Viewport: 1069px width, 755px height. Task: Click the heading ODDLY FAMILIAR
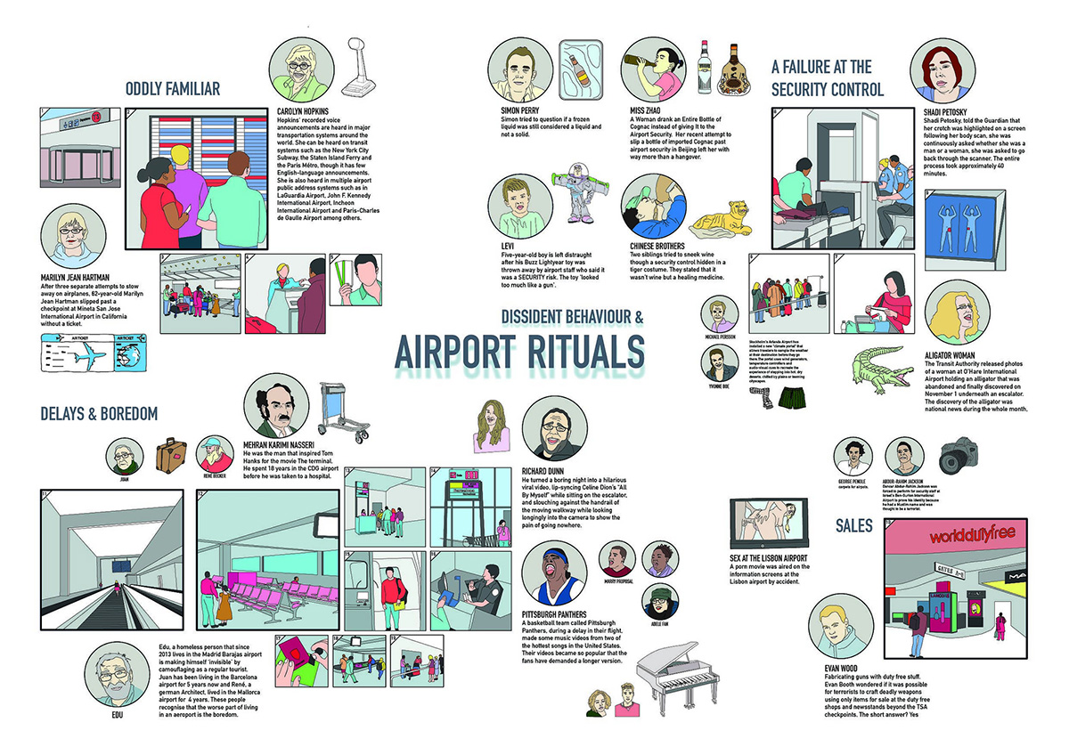pyautogui.click(x=173, y=88)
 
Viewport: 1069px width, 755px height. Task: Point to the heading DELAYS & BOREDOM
pyautogui.click(x=99, y=414)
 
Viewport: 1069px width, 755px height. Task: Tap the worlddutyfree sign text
pyautogui.click(x=972, y=538)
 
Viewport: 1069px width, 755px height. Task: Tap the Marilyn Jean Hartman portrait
pyautogui.click(x=73, y=239)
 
